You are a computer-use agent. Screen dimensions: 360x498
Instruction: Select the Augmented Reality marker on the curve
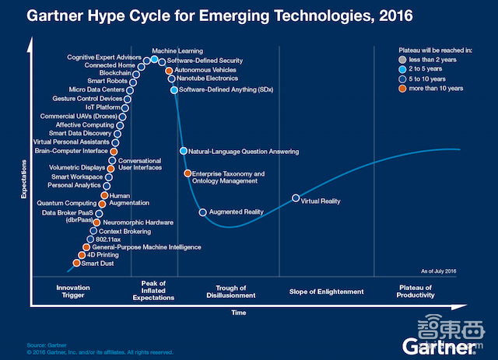202,212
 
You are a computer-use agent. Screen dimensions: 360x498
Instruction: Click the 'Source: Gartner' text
45,344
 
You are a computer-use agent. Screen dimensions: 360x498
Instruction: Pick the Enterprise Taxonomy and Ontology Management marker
187,173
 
